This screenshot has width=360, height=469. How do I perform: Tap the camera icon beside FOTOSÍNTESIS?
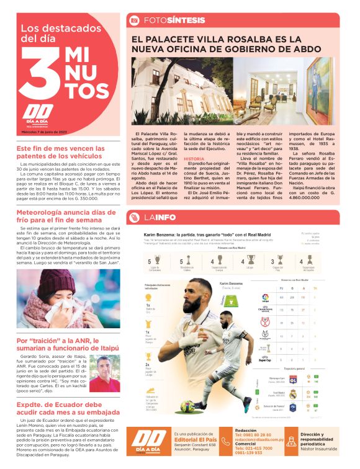click(x=133, y=20)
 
